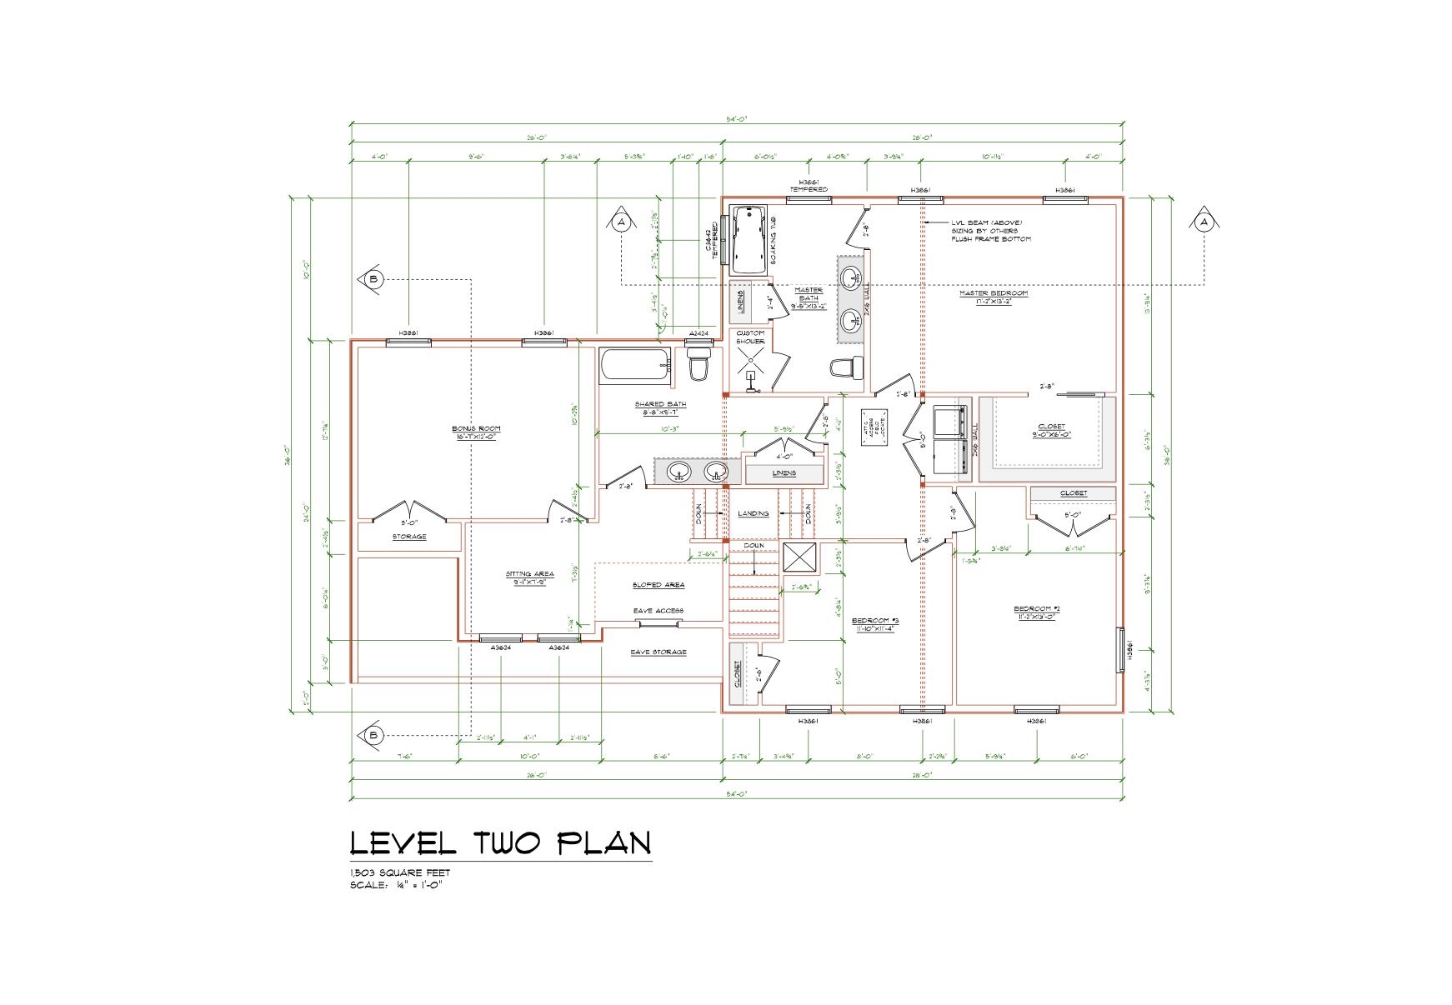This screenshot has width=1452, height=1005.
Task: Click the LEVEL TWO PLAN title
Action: click(x=500, y=843)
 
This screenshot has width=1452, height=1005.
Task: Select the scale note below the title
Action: click(x=396, y=885)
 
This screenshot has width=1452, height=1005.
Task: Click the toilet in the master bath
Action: click(x=847, y=367)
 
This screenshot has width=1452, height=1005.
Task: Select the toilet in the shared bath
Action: click(x=698, y=365)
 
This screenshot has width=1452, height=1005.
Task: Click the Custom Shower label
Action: click(x=750, y=337)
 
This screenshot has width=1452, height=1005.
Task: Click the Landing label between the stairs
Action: click(x=753, y=513)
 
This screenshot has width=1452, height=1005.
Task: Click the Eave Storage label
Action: click(x=658, y=652)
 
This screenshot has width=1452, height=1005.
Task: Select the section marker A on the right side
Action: click(x=1203, y=222)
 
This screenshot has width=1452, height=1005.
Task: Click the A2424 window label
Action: click(x=698, y=333)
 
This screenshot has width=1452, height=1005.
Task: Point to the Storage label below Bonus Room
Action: click(x=409, y=537)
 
